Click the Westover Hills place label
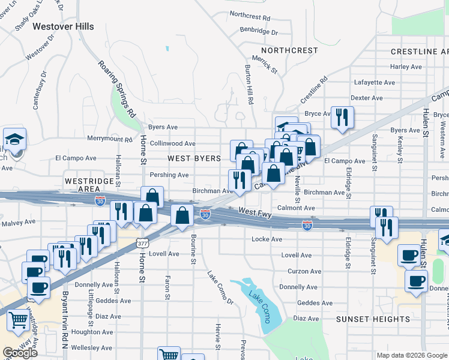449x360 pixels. click(x=63, y=26)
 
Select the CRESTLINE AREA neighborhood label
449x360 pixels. click(x=419, y=52)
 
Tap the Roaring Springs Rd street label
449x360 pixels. click(x=117, y=89)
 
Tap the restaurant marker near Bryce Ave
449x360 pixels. click(x=342, y=118)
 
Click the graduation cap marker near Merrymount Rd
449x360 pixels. click(x=14, y=139)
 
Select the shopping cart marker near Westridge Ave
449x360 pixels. click(x=19, y=321)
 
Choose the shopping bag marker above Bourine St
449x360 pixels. click(x=182, y=216)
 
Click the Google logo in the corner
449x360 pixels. click(x=20, y=353)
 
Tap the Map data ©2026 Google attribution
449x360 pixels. click(x=411, y=355)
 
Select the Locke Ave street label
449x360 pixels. click(x=267, y=239)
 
